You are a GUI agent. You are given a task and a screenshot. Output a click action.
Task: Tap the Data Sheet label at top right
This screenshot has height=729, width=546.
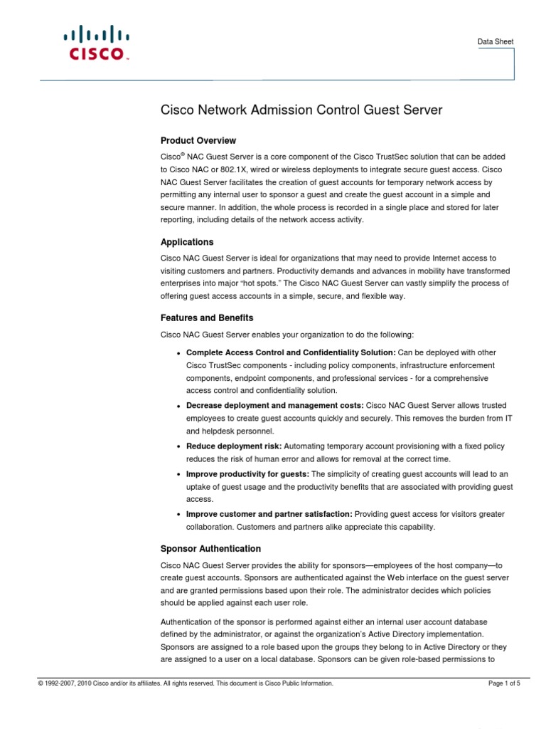496,42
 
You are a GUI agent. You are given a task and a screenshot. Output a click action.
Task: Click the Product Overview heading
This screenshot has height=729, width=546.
198,140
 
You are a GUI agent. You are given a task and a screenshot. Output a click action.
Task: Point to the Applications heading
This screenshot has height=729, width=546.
187,242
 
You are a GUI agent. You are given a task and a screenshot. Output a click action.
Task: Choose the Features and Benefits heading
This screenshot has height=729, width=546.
207,318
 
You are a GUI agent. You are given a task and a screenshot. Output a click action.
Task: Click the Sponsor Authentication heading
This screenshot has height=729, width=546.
211,549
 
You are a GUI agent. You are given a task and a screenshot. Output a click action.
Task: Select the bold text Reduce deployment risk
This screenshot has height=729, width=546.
233,446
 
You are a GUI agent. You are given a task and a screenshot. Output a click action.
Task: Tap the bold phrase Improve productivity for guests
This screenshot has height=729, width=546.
247,474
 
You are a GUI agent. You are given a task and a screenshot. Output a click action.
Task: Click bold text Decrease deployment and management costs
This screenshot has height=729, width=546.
274,405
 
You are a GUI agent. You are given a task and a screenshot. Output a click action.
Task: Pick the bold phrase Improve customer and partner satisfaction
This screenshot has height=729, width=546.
269,514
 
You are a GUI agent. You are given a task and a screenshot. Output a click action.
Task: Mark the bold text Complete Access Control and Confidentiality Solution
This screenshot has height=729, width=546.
290,353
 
